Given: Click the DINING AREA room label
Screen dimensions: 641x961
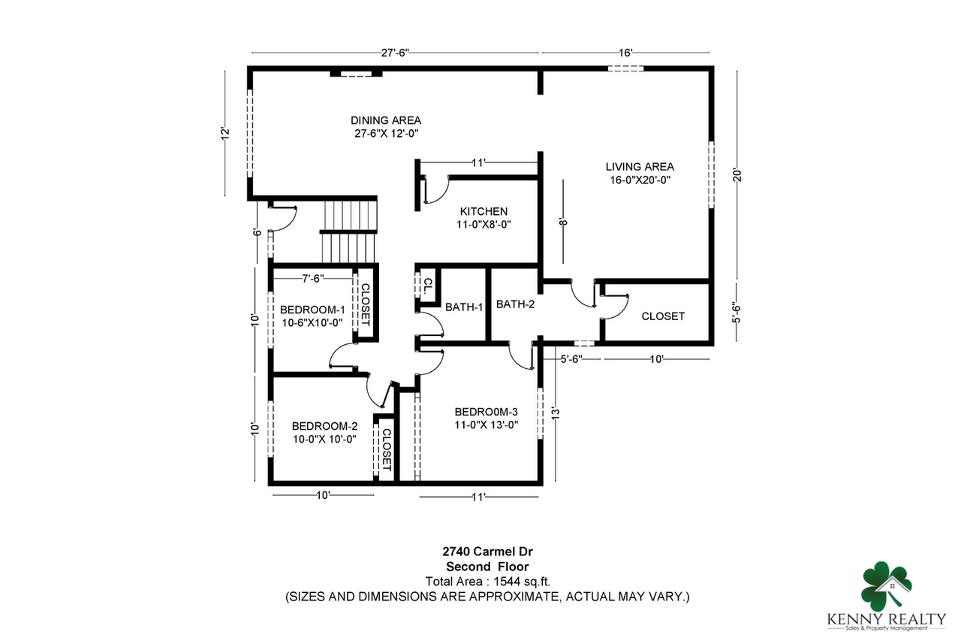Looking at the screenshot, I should [x=386, y=120].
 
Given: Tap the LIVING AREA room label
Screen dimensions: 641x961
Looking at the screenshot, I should [x=640, y=167].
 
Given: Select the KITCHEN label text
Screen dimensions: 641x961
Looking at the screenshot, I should [x=484, y=212].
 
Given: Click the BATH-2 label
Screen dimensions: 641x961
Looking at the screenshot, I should [x=515, y=304].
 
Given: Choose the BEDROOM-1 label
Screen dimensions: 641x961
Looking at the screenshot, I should [x=312, y=310].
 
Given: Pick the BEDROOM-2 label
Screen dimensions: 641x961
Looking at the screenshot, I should [x=324, y=425].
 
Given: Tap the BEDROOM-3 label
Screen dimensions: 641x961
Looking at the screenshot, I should [x=487, y=412].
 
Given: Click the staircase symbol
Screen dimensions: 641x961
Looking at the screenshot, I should [x=348, y=229].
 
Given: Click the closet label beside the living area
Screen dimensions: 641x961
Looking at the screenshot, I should [x=663, y=316].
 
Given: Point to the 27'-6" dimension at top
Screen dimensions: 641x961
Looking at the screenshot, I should [x=395, y=53].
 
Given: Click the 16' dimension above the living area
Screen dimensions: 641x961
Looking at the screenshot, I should [x=625, y=53].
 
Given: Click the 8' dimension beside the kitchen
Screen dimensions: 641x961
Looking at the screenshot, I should [x=562, y=221].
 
